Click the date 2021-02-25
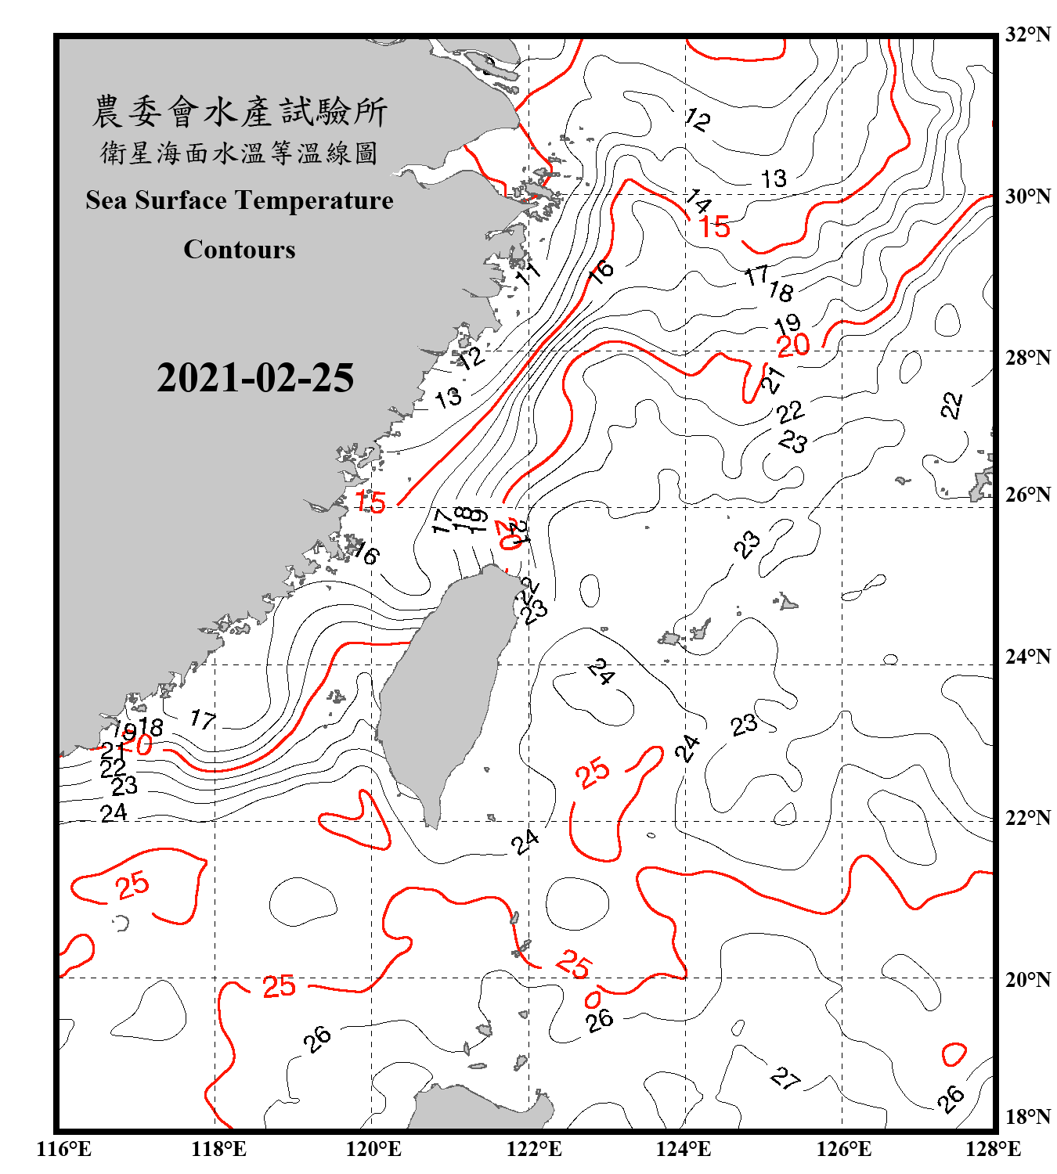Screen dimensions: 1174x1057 [255, 378]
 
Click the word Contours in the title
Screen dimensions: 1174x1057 [240, 250]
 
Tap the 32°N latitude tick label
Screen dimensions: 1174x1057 [1027, 34]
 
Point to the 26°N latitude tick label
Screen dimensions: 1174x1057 [1027, 495]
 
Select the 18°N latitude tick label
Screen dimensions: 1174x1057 [1027, 1117]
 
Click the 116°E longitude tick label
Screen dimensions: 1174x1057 [63, 1149]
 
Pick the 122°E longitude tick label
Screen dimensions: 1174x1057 [534, 1149]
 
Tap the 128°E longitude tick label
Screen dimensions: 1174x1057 [993, 1149]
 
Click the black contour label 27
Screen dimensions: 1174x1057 [785, 1079]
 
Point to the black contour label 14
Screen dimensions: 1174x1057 [698, 202]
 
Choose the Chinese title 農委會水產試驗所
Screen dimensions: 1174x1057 [240, 112]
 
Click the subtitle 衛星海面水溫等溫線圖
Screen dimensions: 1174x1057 [240, 153]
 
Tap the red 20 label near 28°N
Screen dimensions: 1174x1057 [793, 345]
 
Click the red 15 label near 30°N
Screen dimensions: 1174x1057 [714, 228]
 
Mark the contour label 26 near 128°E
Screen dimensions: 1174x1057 [951, 1098]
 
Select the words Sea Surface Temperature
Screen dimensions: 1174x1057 [240, 200]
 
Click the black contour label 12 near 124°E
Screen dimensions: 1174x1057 [697, 119]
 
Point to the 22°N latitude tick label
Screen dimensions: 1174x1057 [1027, 818]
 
